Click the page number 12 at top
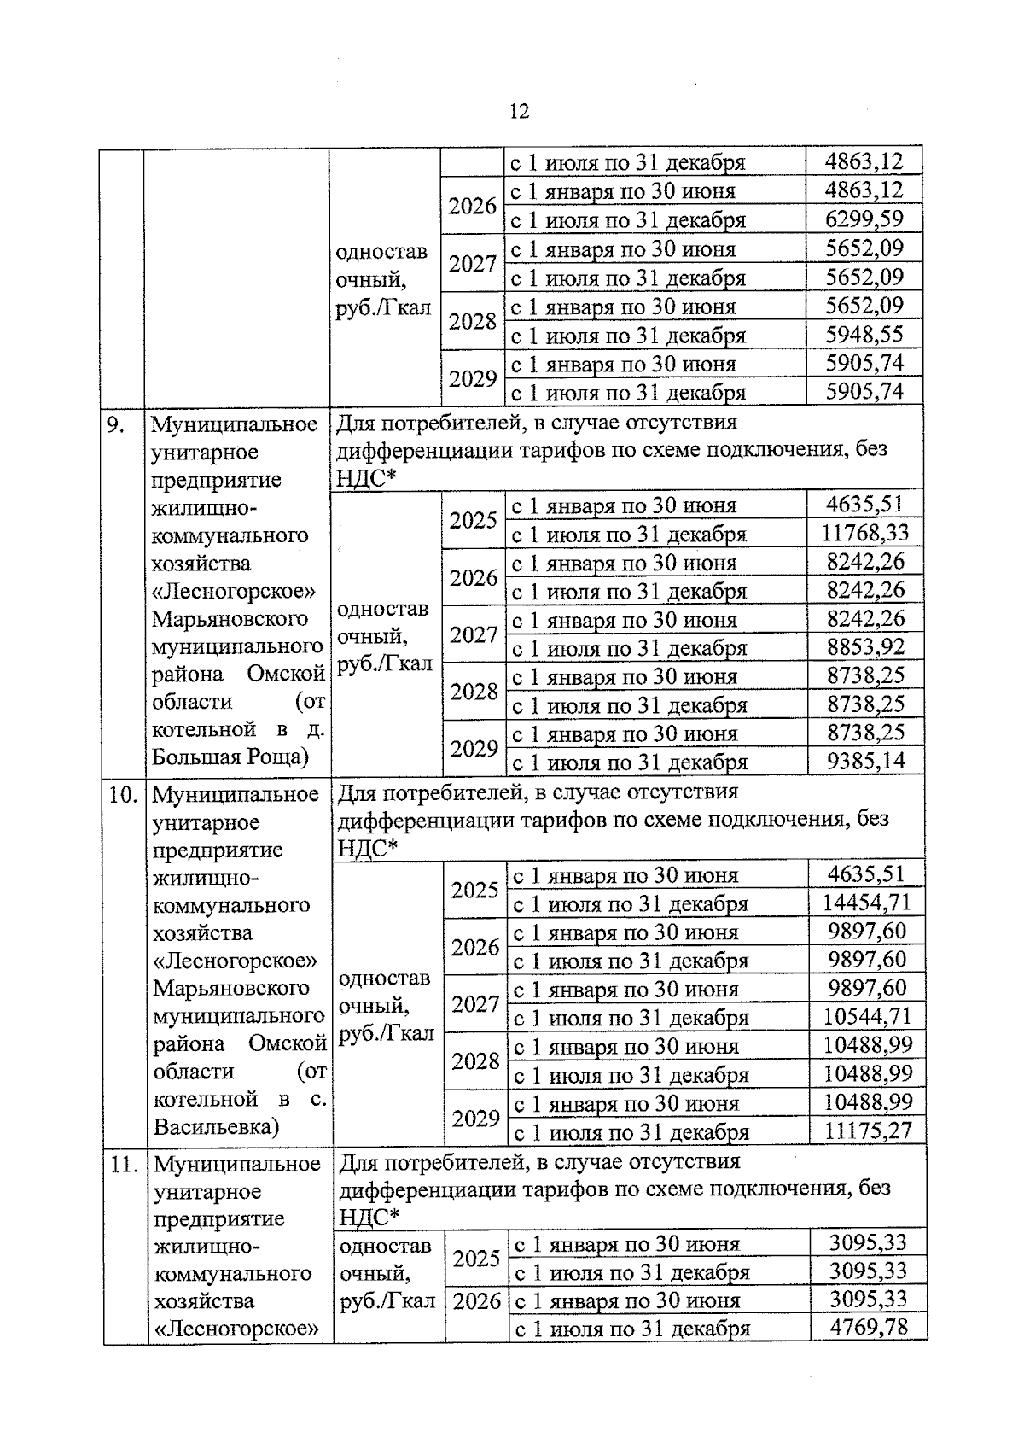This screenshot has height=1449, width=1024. [x=518, y=112]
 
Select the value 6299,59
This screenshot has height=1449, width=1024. [x=864, y=219]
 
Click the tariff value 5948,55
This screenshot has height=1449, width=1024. [x=864, y=334]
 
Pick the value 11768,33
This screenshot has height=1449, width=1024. [x=864, y=534]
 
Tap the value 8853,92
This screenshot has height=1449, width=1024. [x=865, y=647]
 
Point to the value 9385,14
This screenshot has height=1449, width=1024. [x=865, y=761]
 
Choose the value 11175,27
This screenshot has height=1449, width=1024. [x=867, y=1131]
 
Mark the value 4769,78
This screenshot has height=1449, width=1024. [x=868, y=1328]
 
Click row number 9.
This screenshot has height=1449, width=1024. [x=116, y=424]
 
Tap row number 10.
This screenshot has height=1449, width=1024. [x=123, y=795]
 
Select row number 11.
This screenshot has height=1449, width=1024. [x=125, y=1165]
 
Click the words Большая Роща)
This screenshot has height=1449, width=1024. [x=230, y=757]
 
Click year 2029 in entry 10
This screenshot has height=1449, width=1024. [x=475, y=1118]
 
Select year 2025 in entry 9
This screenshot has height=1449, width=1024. [x=474, y=519]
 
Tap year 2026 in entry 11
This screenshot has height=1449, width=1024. [x=476, y=1301]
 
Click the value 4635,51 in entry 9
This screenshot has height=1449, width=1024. [x=864, y=504]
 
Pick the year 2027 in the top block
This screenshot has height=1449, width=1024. [x=473, y=264]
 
